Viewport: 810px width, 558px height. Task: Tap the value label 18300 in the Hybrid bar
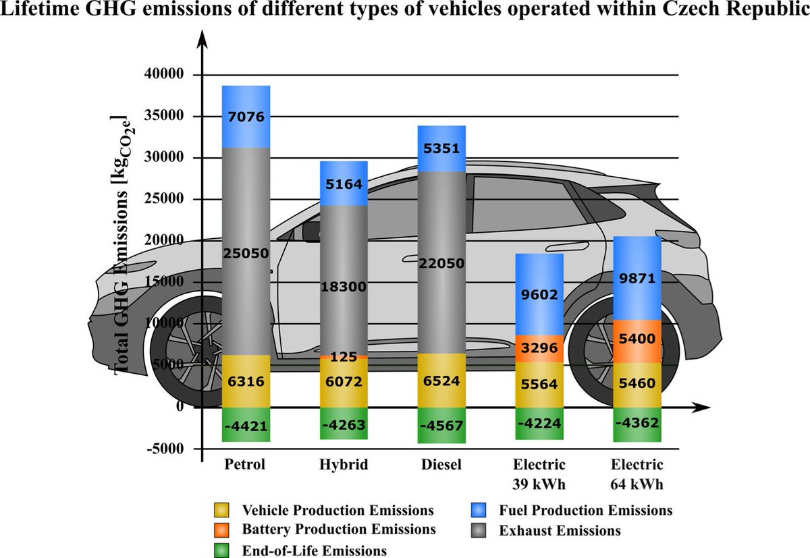click(x=344, y=286)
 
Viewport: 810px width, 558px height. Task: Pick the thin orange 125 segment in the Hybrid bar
click(x=344, y=356)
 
